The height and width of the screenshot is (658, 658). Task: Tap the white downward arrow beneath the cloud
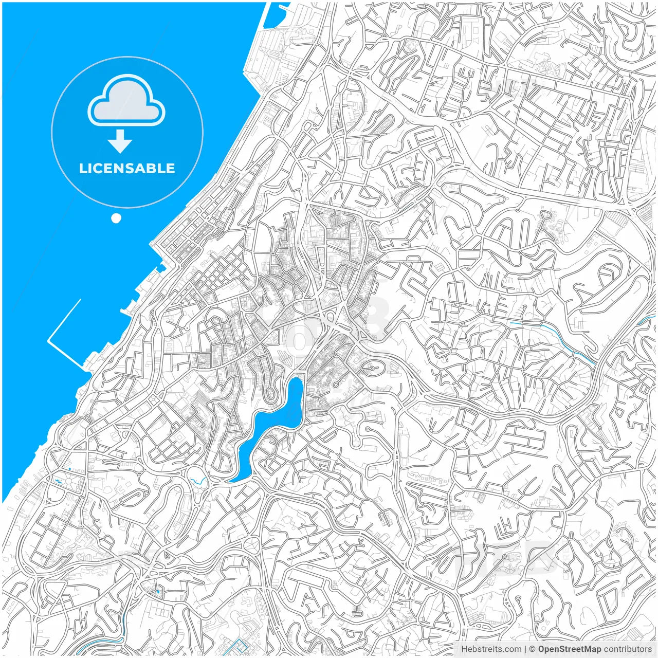coord(120,141)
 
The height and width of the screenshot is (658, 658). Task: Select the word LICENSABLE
coord(127,168)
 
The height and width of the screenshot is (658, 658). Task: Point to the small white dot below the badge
coord(116,218)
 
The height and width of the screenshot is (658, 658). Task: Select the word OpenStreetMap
coord(569,649)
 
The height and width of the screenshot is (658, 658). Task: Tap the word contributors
coord(628,649)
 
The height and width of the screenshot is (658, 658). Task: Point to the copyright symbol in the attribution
coord(533,649)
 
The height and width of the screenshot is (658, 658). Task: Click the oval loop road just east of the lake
coord(371,368)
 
